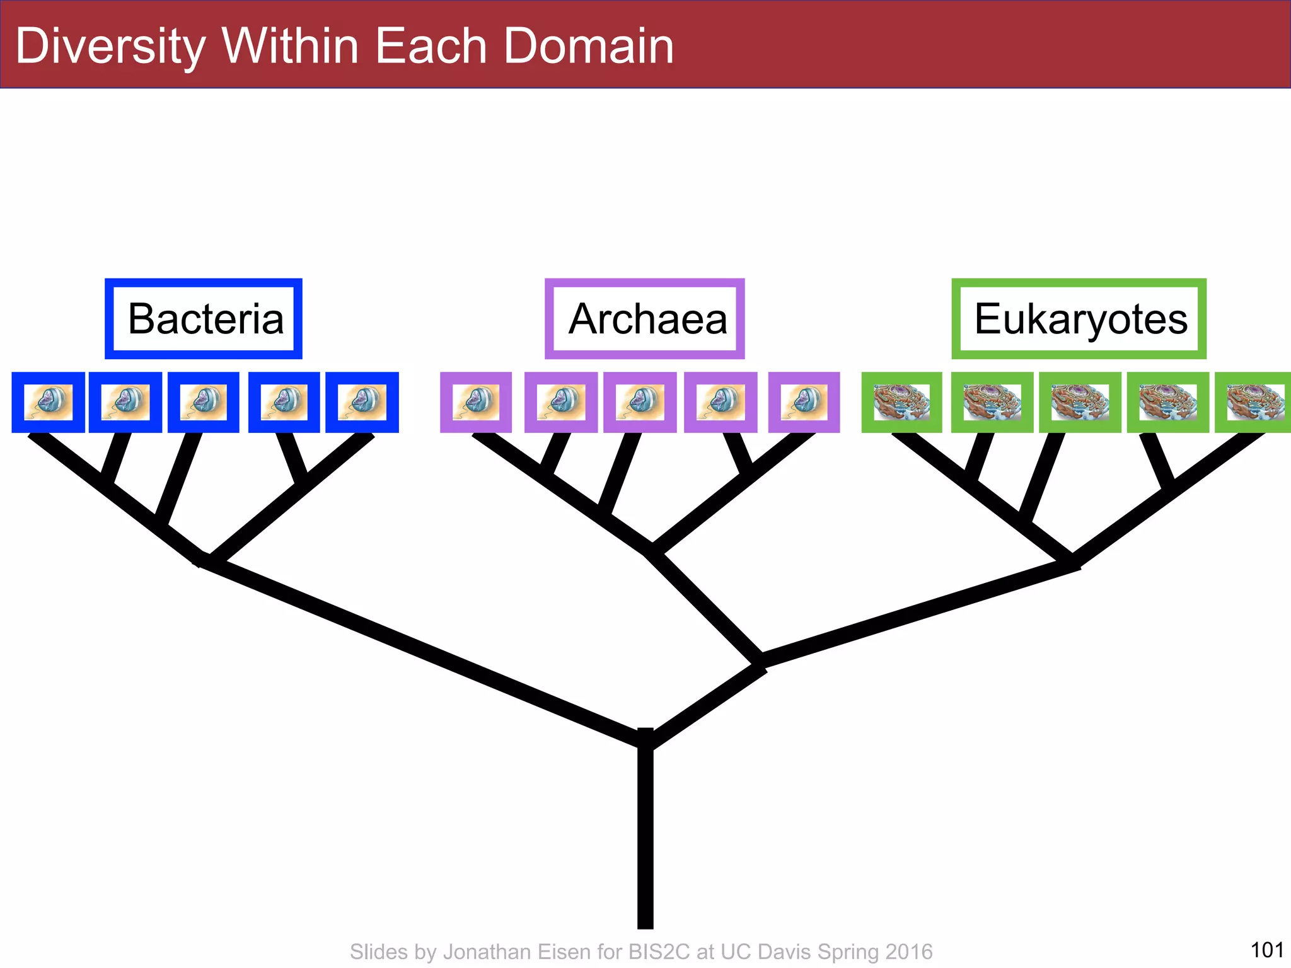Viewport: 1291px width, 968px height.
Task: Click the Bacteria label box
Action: coord(204,319)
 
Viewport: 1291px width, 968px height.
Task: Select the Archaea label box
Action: coord(644,319)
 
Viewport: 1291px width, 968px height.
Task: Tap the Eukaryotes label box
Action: coord(1079,319)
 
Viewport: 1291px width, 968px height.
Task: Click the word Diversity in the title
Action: coord(110,47)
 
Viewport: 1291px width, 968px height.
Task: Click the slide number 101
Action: coord(1266,949)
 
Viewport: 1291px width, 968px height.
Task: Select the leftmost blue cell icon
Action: coord(48,403)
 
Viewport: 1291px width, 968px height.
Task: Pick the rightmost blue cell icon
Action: coord(362,403)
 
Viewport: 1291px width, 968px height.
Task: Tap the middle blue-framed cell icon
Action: coord(204,403)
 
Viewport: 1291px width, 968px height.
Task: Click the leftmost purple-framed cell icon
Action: coord(476,403)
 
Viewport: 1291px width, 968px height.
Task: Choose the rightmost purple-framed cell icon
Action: coord(804,403)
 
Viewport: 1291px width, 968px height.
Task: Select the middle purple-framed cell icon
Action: coord(640,403)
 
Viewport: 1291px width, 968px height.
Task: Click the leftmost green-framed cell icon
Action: coord(901,403)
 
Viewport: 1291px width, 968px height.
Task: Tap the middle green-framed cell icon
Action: coord(1080,403)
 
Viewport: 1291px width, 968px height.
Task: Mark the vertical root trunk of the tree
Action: coord(645,838)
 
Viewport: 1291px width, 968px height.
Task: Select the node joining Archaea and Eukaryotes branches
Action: coord(760,663)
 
